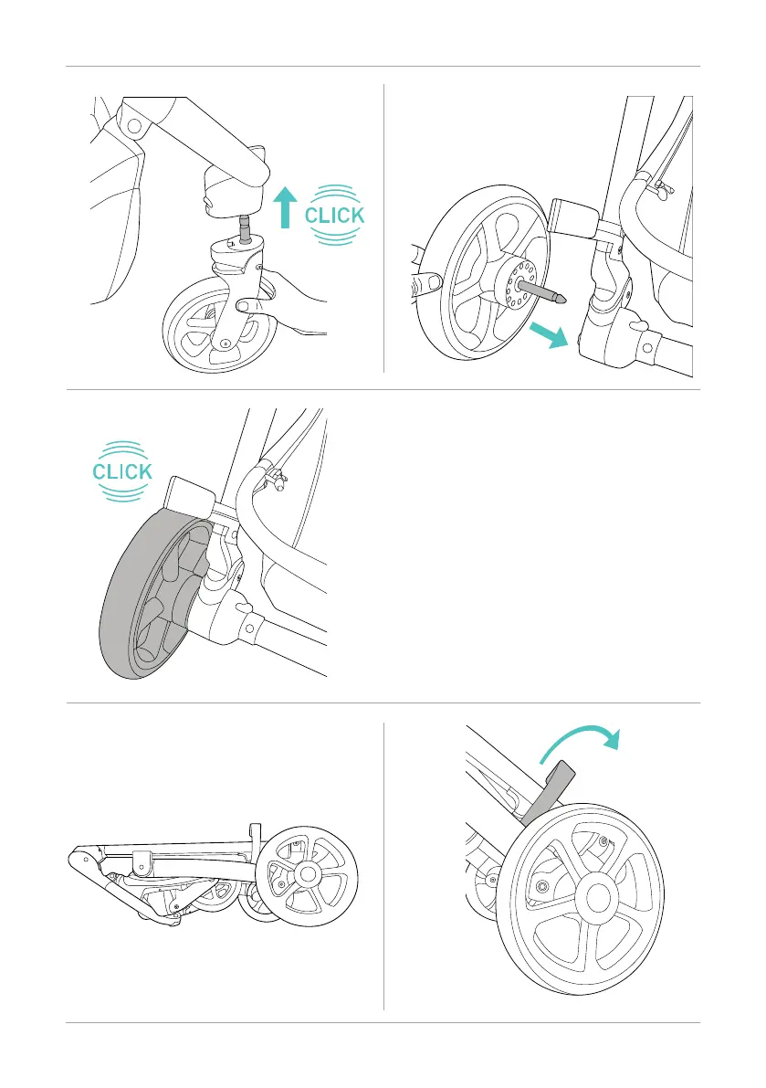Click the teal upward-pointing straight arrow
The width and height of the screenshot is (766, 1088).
click(287, 206)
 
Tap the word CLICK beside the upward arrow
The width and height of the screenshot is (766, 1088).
click(334, 216)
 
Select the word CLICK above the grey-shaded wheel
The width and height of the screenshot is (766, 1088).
click(121, 471)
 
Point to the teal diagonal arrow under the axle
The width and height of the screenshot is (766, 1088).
click(550, 333)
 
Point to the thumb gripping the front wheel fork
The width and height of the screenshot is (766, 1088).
click(247, 306)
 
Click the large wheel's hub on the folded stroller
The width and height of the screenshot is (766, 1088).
click(306, 874)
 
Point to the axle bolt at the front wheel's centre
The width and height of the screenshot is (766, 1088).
click(225, 344)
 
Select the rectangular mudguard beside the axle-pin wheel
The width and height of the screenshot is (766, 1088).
click(572, 218)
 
